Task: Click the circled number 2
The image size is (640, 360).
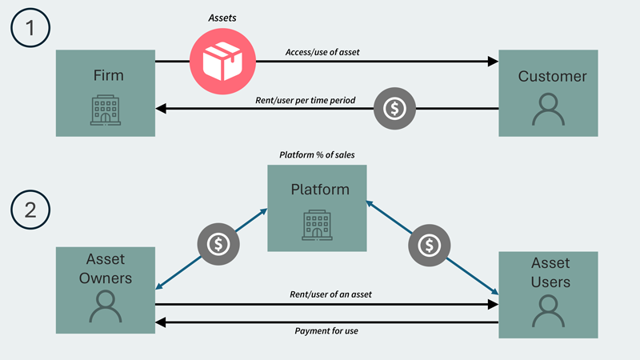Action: [30, 210]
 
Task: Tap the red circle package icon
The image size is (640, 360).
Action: [222, 61]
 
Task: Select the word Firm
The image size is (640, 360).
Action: [105, 76]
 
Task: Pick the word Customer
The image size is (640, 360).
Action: [552, 77]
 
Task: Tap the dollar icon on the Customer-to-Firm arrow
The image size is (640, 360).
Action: [395, 107]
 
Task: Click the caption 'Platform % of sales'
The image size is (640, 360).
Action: [316, 154]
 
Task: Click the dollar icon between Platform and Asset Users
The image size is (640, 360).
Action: [430, 242]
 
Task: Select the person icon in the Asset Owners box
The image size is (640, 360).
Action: [104, 306]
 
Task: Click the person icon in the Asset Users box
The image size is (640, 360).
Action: [549, 310]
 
